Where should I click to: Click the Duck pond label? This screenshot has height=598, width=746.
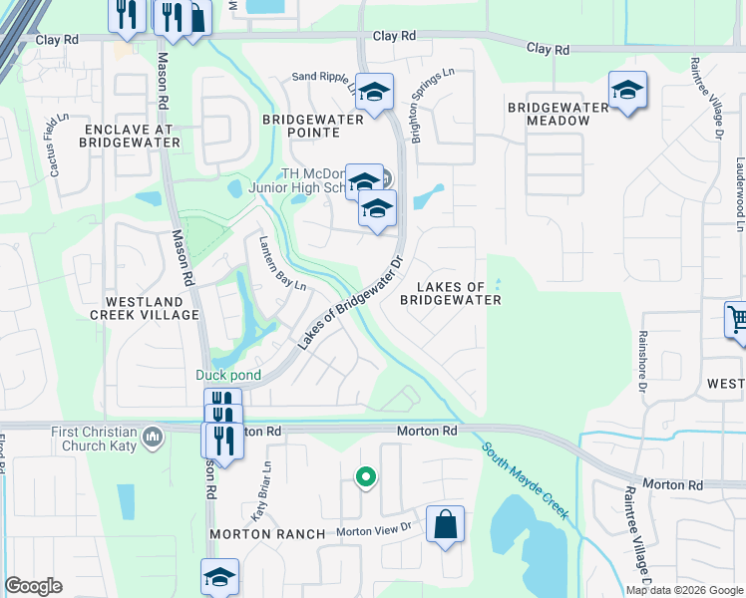[x=227, y=375]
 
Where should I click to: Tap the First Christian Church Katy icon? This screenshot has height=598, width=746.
[x=153, y=436]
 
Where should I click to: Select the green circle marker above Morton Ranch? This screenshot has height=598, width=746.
[x=366, y=478]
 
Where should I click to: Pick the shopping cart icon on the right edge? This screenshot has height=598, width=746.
[x=737, y=321]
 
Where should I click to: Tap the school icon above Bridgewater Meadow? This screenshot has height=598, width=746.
[x=627, y=91]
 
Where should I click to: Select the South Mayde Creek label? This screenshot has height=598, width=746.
[x=525, y=481]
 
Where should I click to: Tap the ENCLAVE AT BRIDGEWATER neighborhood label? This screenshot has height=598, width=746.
[x=132, y=137]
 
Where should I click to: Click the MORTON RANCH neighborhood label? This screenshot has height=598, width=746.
[x=267, y=534]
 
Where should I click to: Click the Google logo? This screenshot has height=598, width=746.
[x=34, y=586]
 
